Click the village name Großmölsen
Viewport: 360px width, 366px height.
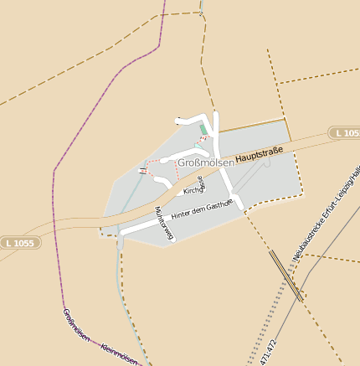coord(206,162)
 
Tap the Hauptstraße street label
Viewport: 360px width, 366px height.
coord(260,154)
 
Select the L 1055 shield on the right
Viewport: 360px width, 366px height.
coord(344,133)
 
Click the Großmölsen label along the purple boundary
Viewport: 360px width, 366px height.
coord(75,325)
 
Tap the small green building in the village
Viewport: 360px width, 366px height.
coord(202,129)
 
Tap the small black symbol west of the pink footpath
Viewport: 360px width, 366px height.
coord(144,171)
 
